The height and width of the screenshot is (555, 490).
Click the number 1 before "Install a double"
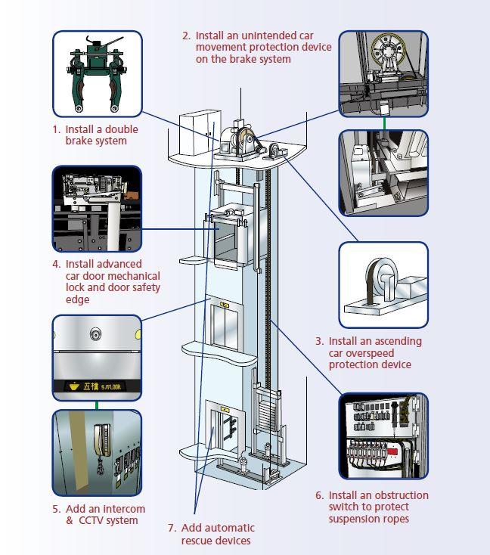[x=55, y=129]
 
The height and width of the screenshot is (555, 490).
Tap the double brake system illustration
[x=96, y=74]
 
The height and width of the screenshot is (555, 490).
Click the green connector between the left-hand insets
[x=97, y=405]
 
